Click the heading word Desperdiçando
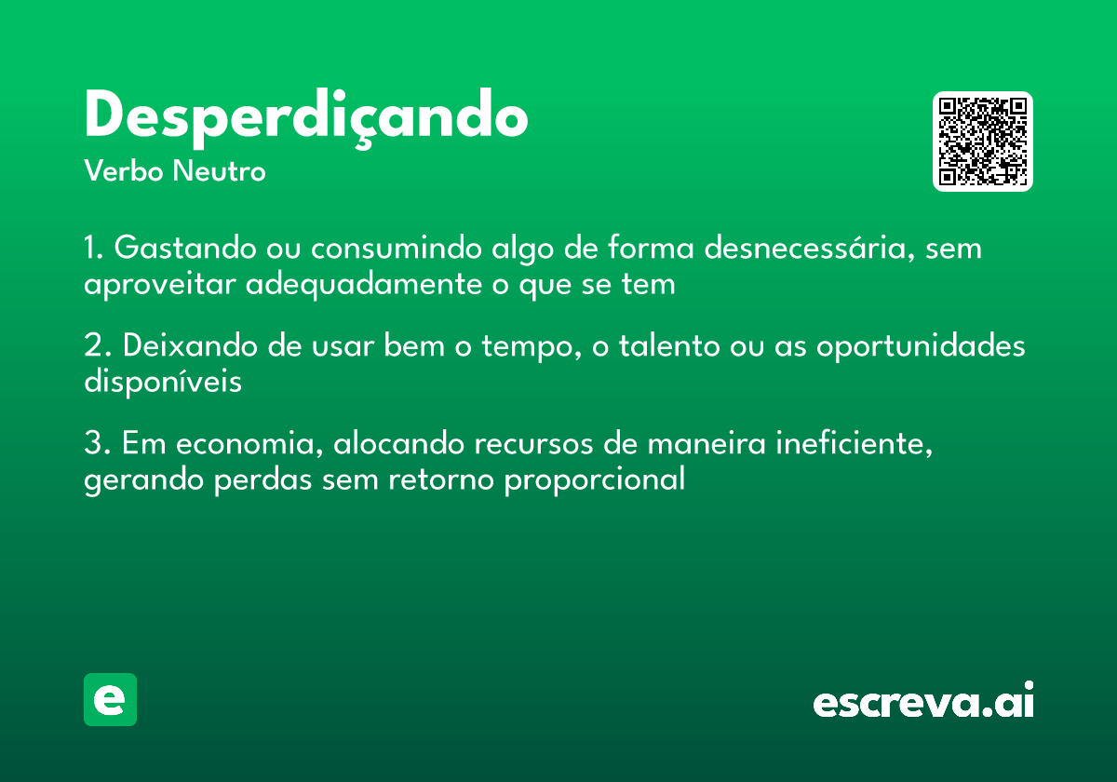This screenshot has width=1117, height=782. point(306,117)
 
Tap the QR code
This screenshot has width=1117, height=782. point(983,142)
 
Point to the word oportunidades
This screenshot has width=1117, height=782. point(921,347)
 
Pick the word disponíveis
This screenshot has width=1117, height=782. point(163,382)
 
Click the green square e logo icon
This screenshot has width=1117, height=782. point(110,699)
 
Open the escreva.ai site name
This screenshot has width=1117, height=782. point(923,702)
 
